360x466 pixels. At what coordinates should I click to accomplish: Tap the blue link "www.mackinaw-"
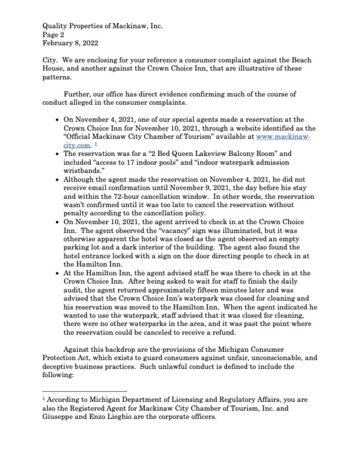tap(283, 137)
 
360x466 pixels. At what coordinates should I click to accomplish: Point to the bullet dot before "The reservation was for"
tap(57, 155)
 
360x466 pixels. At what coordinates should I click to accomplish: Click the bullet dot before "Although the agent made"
tap(57, 180)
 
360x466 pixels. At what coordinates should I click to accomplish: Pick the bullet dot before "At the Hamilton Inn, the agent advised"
tap(57, 273)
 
